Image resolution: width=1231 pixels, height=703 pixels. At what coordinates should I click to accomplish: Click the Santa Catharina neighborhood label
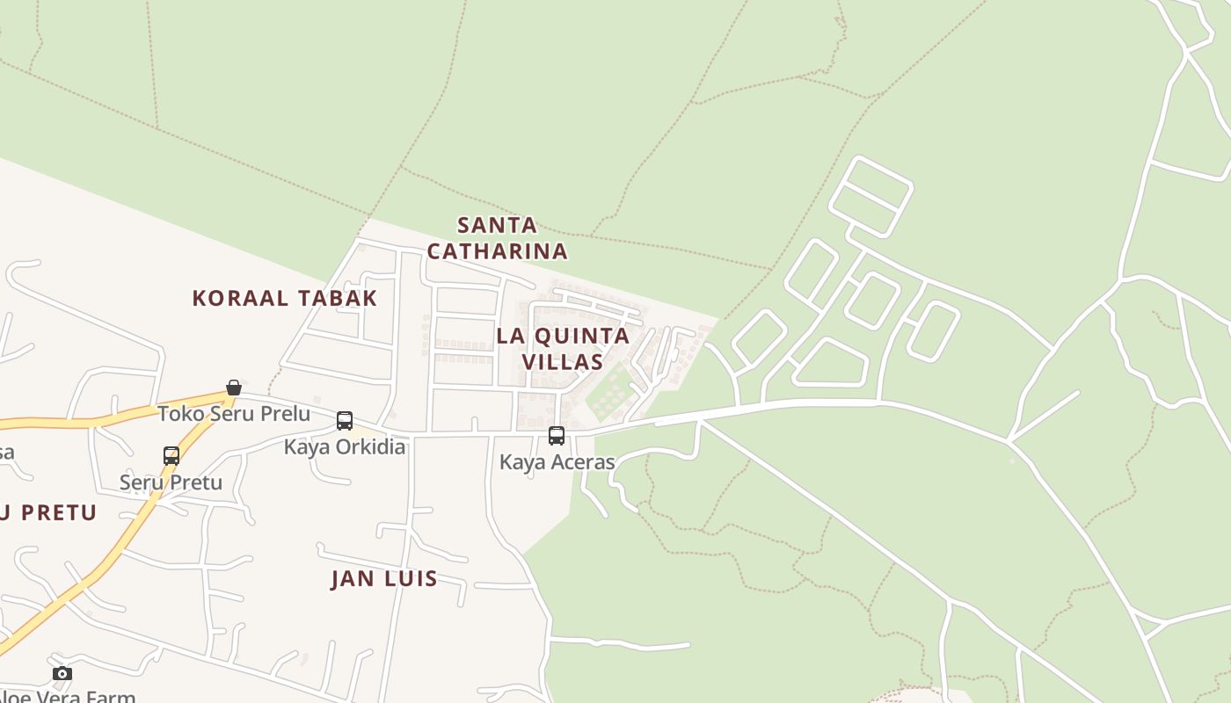[x=498, y=238]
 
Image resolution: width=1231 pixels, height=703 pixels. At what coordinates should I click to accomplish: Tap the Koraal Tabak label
[x=285, y=298]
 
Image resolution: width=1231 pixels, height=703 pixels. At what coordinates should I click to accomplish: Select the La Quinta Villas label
[x=563, y=348]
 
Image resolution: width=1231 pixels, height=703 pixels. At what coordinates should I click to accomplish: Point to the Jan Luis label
[x=384, y=578]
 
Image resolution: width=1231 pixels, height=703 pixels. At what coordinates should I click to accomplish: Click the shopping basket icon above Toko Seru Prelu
[x=234, y=388]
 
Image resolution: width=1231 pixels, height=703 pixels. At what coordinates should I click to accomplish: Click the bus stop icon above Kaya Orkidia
[x=345, y=421]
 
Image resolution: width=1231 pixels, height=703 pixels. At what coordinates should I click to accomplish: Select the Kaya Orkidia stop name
[x=345, y=446]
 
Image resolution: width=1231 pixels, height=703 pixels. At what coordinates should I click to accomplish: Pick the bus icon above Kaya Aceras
[x=557, y=435]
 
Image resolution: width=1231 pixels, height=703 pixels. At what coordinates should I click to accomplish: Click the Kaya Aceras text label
[x=557, y=461]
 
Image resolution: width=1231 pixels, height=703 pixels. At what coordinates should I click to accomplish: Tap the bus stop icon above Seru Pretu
[x=171, y=456]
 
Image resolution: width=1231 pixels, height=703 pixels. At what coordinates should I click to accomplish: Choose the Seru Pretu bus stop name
[x=171, y=482]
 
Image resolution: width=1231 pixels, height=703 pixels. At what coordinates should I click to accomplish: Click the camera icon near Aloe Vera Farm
[x=62, y=674]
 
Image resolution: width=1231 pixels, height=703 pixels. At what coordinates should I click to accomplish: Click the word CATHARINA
[x=498, y=251]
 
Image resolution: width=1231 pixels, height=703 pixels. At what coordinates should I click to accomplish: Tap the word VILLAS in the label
[x=563, y=361]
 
